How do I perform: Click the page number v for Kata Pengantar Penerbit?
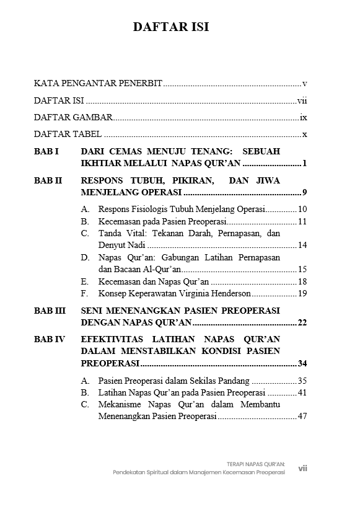coord(305,82)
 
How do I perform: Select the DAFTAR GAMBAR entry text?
coord(73,117)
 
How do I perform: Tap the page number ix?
coord(303,117)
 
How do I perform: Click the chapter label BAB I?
coord(46,151)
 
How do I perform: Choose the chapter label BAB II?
coord(48,181)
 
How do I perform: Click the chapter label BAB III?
coord(50,310)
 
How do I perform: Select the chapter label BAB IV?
coord(50,339)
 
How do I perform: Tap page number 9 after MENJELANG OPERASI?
coord(305,192)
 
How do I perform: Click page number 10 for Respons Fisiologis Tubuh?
coord(302,209)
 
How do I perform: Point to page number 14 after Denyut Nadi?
coord(302,245)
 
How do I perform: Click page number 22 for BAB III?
coord(302,322)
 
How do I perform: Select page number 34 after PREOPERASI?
coord(302,363)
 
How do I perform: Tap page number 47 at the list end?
coord(302,417)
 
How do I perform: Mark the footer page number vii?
coord(302,469)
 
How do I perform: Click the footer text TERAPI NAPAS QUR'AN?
coord(255,462)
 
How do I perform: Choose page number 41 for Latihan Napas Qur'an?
coord(302,392)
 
